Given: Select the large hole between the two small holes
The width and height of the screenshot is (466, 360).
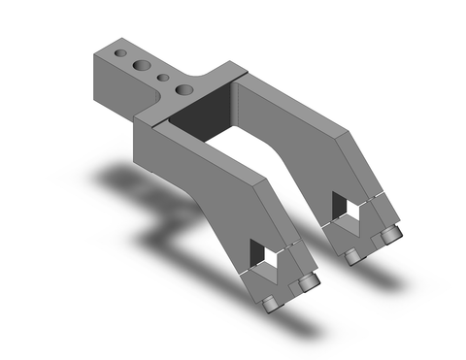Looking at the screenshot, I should (x=142, y=64).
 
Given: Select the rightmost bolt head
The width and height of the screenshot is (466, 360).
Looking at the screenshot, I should (x=391, y=238).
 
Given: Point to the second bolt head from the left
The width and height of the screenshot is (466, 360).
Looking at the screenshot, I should (x=309, y=283).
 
